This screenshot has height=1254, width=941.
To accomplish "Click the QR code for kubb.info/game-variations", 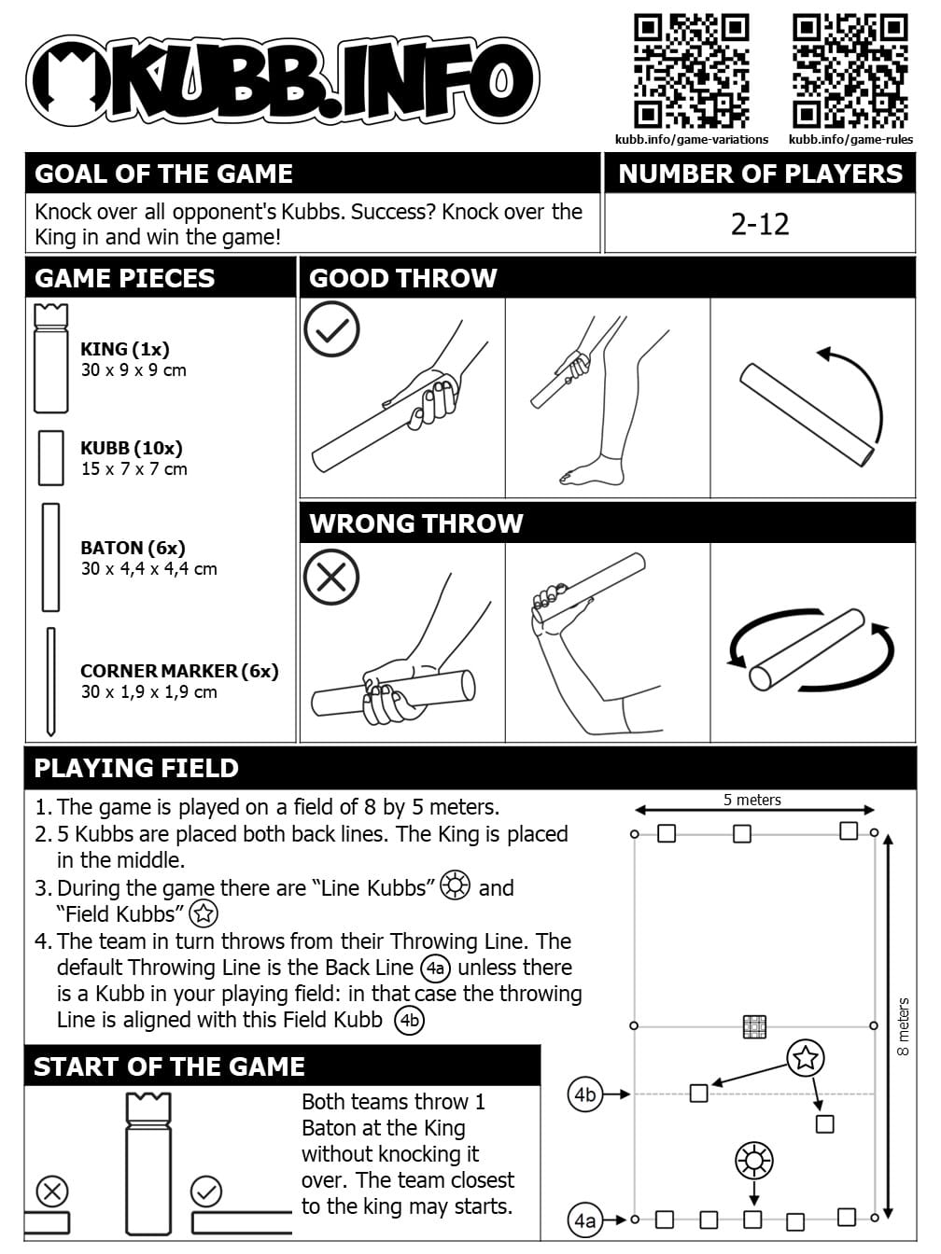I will tap(692, 71).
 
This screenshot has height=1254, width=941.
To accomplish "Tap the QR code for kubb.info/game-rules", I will tap(850, 71).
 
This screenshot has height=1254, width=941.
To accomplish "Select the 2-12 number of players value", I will tap(760, 224).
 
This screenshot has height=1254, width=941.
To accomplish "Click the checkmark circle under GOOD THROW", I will tap(331, 329).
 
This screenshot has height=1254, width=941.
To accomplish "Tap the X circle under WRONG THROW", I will tap(331, 576).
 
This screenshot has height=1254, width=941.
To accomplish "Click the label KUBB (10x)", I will tap(132, 448).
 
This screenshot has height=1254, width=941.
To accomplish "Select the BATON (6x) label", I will tap(133, 548).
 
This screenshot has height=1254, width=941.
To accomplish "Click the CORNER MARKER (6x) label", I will tap(179, 671).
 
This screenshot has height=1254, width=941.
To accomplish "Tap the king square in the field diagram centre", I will tap(754, 1026).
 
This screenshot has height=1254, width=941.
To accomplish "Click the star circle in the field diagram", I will tap(806, 1058).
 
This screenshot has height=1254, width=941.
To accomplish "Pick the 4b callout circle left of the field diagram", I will tap(585, 1094).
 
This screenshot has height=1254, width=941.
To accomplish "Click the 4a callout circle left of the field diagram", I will tap(585, 1219).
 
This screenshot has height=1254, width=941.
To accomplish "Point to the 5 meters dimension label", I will tap(751, 800).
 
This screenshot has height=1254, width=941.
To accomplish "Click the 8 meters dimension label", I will tap(903, 1026).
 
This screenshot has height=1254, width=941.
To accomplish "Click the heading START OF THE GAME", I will tap(169, 1066).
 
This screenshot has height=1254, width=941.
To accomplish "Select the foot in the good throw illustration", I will tap(590, 472).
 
